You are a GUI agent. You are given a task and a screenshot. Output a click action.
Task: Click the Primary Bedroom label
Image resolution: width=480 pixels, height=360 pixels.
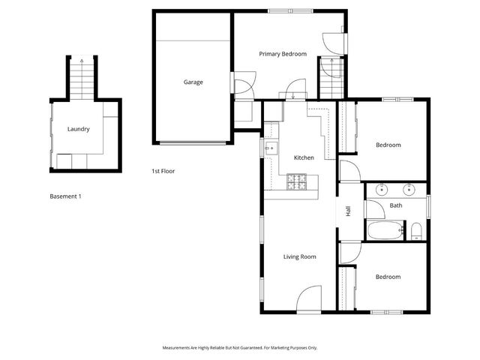click(283, 54)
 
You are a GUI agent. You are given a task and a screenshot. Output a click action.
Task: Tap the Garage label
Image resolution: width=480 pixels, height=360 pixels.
click(193, 82)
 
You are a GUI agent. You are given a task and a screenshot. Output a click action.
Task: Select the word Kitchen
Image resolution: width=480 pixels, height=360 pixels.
click(304, 157)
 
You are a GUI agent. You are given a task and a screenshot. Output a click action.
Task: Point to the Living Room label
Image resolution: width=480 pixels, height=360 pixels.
click(299, 256)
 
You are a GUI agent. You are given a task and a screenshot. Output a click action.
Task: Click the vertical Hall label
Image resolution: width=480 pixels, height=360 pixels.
click(348, 212)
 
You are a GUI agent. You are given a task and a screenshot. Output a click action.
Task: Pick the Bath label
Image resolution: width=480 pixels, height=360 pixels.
click(396, 205)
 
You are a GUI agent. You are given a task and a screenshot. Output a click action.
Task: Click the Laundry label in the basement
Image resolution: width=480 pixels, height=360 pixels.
click(78, 129)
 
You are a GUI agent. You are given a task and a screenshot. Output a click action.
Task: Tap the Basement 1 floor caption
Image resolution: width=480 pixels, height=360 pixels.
click(65, 196)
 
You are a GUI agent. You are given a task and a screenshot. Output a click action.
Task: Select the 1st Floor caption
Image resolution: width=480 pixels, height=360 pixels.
click(163, 172)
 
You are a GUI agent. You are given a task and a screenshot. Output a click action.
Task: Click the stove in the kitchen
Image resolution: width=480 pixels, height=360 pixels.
click(297, 181)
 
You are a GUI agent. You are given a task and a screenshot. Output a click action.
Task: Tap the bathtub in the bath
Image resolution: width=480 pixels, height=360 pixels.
click(385, 229)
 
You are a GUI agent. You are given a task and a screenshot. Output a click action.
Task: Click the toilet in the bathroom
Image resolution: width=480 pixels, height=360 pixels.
click(415, 229)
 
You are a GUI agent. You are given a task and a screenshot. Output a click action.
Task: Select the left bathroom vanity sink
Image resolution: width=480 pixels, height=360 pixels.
click(380, 188)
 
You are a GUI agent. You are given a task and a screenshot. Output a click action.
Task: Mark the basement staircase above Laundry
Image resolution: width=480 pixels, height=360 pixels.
click(82, 78)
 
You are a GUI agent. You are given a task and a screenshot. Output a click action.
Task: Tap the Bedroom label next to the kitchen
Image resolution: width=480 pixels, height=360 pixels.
click(388, 145)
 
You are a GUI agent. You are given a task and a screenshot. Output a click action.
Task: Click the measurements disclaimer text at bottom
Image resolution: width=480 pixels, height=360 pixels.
click(240, 348)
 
